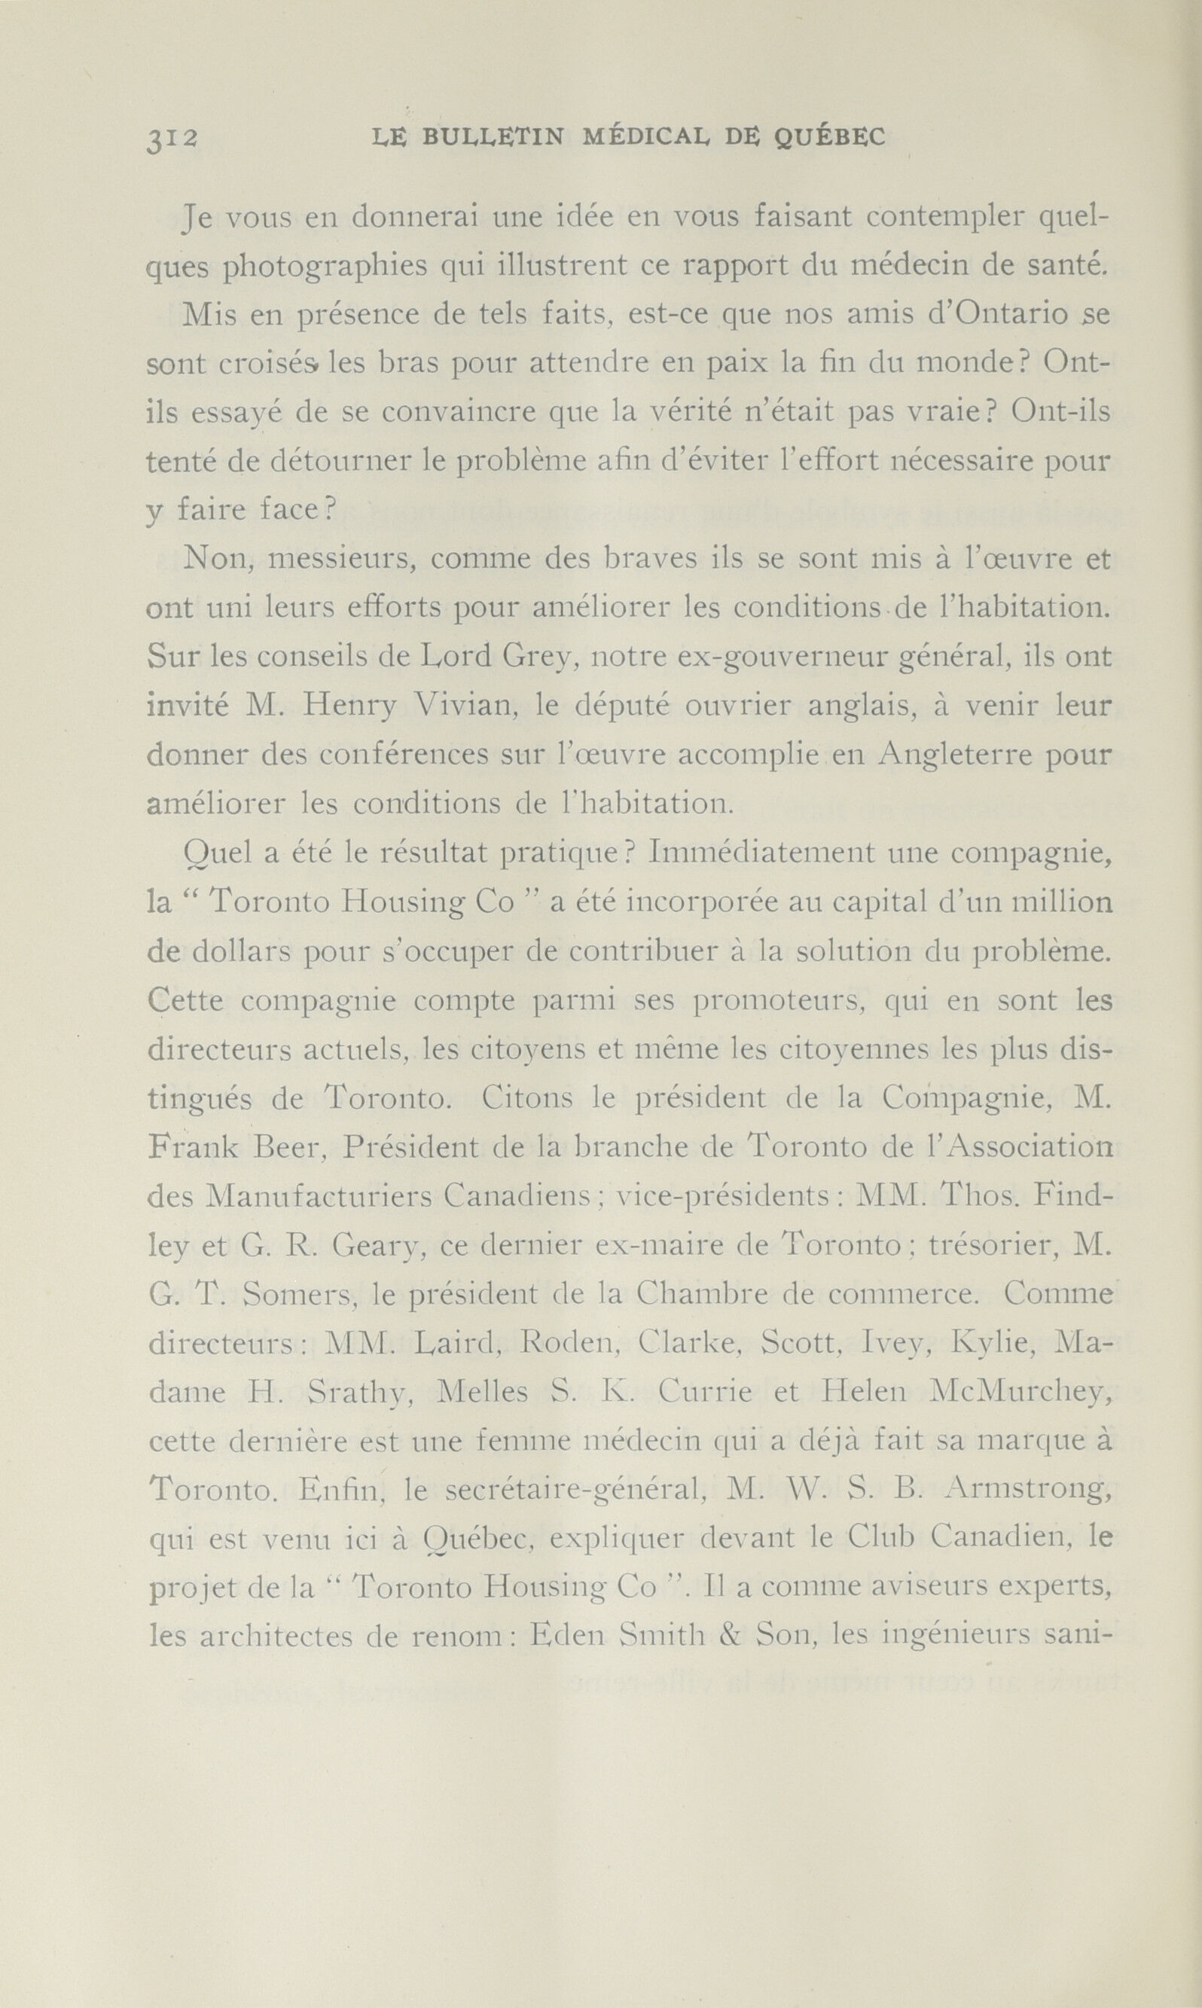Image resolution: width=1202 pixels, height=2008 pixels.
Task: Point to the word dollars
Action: click(239, 952)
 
